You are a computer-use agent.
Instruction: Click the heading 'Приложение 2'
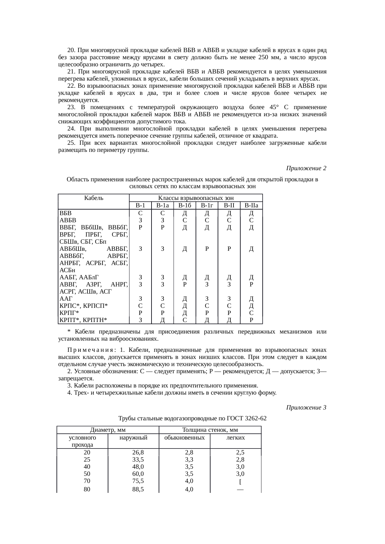306,168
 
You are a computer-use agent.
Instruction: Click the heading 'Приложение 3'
306,407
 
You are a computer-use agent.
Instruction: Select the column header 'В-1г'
207,206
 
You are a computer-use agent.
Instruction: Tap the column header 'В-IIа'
251,206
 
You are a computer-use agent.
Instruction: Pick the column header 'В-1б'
185,206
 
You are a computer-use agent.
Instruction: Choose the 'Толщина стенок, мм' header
210,430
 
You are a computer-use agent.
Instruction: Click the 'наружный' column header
133,438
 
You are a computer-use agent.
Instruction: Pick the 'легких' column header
236,438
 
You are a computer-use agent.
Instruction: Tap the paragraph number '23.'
72,107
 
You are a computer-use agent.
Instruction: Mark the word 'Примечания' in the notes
91,350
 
